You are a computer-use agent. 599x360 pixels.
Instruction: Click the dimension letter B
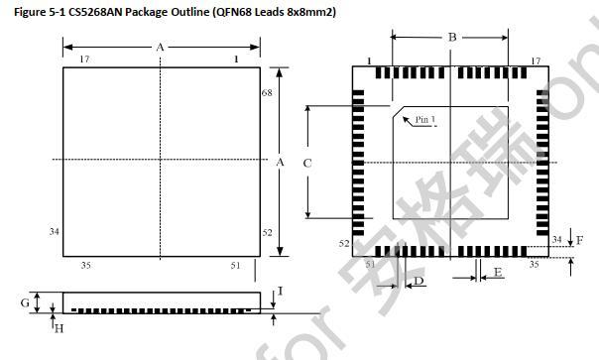(452, 38)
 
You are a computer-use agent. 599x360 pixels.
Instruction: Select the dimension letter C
(307, 163)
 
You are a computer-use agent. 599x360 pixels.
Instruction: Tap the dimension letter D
(419, 283)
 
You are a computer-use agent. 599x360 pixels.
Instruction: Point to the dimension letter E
(497, 271)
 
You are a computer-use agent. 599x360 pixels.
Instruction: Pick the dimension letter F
(579, 240)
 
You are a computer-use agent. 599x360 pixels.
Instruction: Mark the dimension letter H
(59, 328)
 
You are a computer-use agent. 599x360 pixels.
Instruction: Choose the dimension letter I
(281, 292)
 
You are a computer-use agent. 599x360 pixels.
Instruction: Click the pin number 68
(267, 92)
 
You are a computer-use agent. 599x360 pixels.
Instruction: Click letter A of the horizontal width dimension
(160, 47)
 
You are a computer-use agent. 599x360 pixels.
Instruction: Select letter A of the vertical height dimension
(281, 161)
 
